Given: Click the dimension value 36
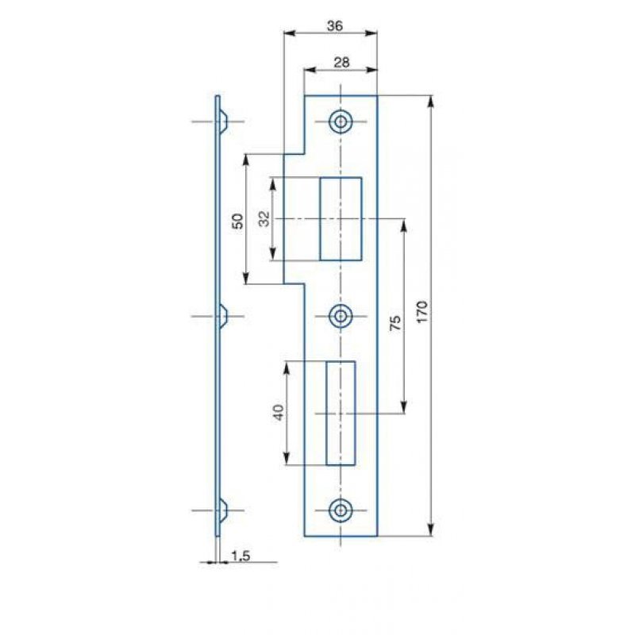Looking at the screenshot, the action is tap(335, 26).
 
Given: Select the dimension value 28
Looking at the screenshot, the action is tap(341, 63).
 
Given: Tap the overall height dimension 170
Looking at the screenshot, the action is tap(422, 311).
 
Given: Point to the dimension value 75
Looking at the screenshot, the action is tap(395, 322).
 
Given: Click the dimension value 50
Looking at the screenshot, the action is tap(237, 221).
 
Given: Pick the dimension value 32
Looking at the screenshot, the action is tap(264, 219).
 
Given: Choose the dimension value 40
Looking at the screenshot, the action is tap(279, 412).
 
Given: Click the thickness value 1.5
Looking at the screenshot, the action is tap(241, 556).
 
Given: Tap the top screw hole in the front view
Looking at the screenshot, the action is tap(341, 121).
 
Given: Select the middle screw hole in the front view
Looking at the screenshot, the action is tap(341, 316).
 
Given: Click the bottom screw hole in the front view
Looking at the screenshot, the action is tap(341, 510).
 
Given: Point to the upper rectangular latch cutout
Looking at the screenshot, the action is tap(341, 219).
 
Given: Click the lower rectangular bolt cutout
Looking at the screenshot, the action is tap(341, 413).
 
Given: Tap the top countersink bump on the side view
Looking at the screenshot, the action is tap(223, 121).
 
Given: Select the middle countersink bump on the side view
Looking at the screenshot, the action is tap(223, 316).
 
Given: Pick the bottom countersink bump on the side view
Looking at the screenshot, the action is tap(223, 510).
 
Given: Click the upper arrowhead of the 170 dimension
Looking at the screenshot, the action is tap(431, 102).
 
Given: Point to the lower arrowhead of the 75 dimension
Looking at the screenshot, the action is tap(403, 407).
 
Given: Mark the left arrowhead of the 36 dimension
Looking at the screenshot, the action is tap(290, 33).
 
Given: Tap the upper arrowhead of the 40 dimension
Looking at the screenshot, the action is tap(287, 368).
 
